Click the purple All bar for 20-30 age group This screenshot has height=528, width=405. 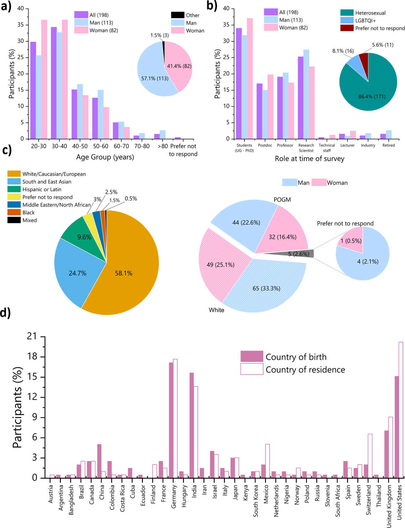point(33,90)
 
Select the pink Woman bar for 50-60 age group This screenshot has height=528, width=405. point(106,123)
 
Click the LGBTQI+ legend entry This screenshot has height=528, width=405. point(358,20)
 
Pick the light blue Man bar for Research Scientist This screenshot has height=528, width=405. point(306,94)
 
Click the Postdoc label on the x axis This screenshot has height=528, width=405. point(265,145)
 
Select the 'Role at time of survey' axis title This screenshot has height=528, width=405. point(310,159)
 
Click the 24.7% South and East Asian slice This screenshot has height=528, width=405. point(77,273)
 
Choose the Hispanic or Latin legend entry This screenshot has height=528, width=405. point(35,189)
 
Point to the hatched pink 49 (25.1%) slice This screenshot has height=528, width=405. point(221,264)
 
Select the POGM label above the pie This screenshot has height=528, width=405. point(282,200)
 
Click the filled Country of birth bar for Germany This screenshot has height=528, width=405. point(171,420)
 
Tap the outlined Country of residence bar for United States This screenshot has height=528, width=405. point(401,410)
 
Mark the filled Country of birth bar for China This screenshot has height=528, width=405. point(99,461)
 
